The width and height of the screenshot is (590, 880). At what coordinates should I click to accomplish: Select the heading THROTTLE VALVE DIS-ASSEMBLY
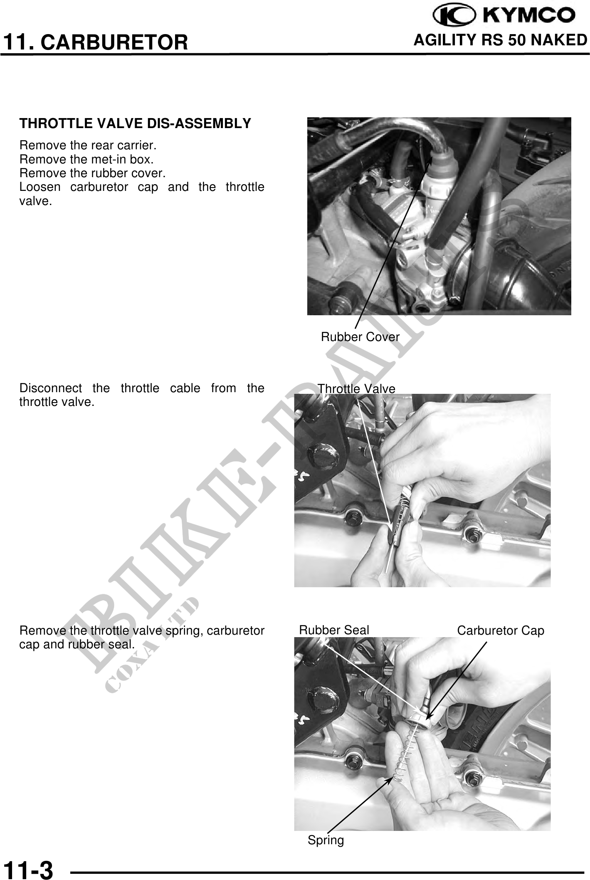136,124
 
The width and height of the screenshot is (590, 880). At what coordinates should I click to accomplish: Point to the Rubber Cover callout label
360,337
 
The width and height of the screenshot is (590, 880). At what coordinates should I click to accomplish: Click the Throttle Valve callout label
356,389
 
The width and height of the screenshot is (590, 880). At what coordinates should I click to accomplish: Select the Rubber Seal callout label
334,630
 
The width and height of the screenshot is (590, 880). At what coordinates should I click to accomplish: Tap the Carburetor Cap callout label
501,631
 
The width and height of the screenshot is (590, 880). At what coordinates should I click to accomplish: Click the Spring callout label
326,840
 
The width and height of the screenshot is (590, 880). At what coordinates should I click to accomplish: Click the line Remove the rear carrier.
88,146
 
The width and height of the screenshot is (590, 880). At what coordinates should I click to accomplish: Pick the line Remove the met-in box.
86,159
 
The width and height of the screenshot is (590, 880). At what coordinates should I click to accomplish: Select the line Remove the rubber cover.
93,173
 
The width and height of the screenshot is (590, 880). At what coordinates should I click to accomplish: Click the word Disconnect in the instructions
51,388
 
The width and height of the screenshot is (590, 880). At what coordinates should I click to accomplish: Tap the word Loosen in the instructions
40,187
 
